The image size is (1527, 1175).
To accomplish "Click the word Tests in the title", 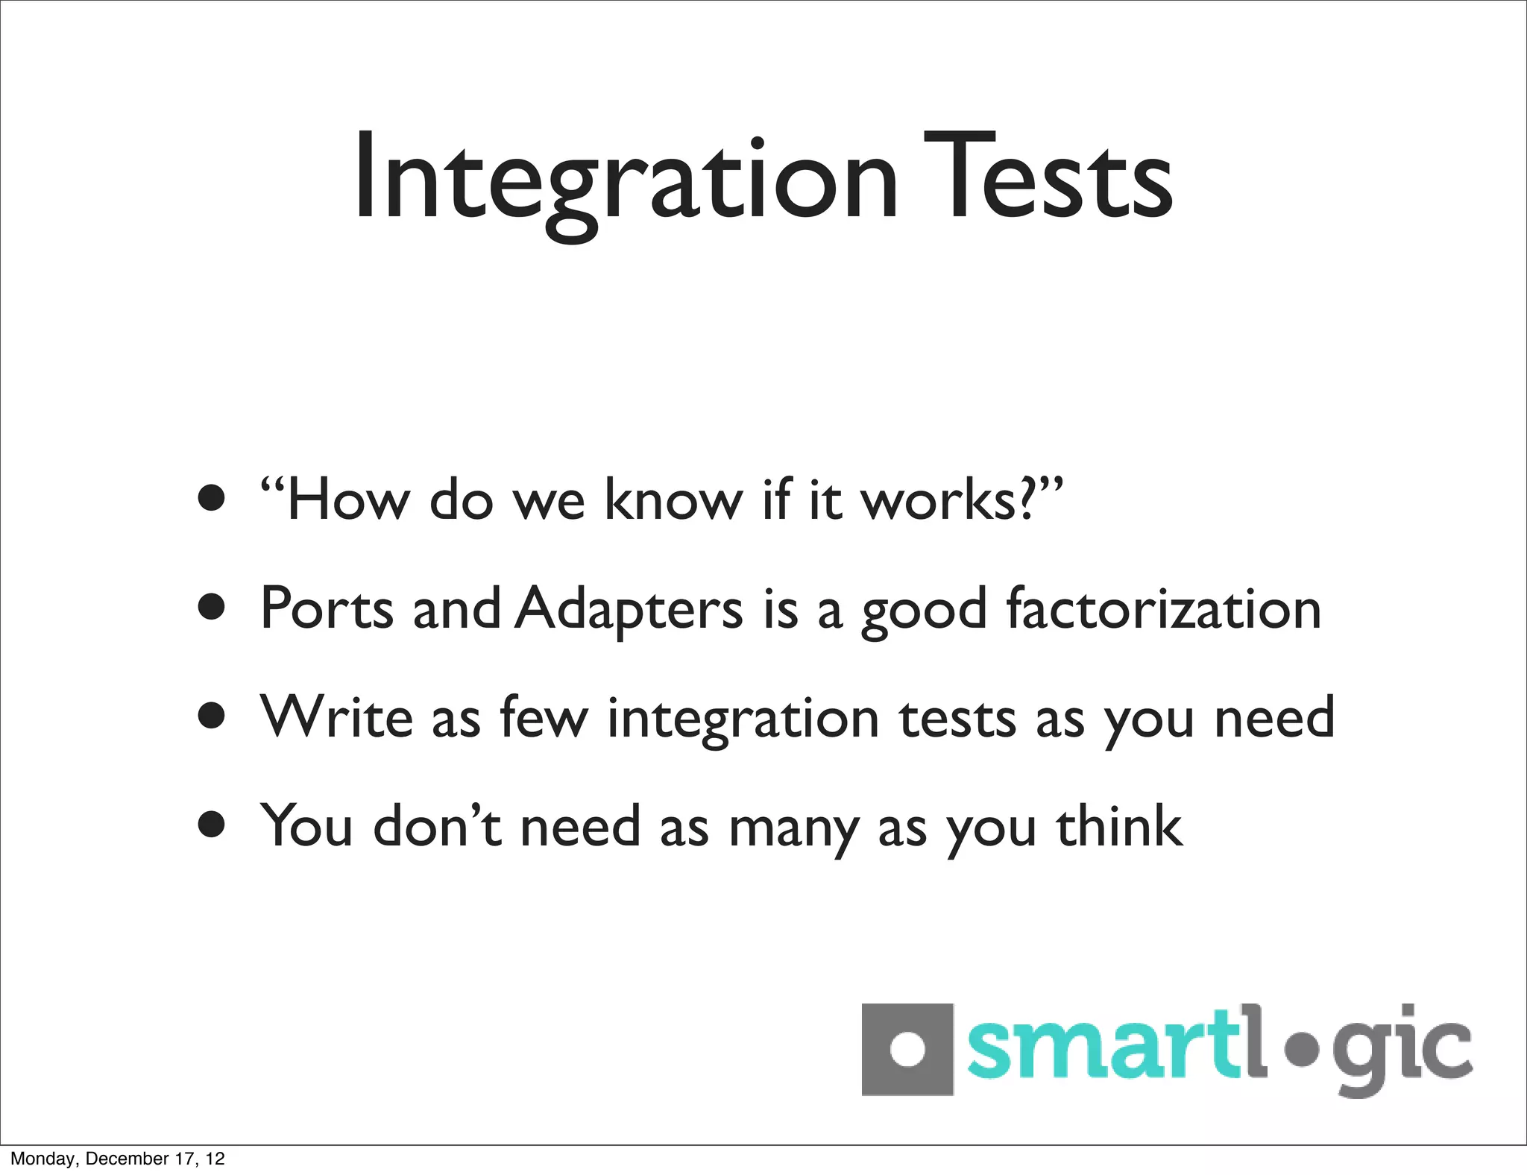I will point(1048,179).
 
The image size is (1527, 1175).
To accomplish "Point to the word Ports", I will point(326,609).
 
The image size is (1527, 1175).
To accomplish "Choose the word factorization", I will point(1163,609).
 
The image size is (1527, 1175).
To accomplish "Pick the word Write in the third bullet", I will point(336,717).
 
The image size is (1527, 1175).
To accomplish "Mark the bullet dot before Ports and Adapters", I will point(212,608).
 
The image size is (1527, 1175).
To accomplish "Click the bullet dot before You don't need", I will point(212,825).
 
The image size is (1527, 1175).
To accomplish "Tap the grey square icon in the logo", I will point(907,1050).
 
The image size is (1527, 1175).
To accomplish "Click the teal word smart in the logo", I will point(1103,1048).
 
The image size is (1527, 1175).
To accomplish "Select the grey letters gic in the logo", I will point(1402,1051).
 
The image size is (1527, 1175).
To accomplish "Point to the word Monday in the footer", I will point(43,1159).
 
